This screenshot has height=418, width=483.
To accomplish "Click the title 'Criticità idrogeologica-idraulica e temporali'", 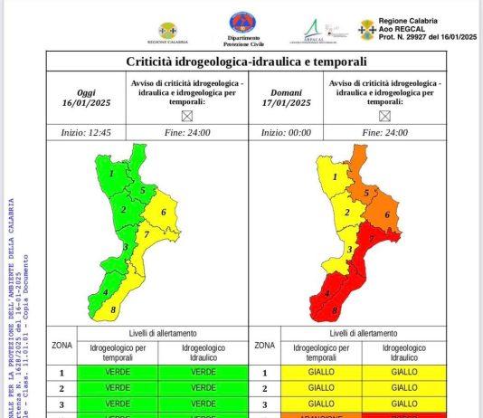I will pyautogui.click(x=246, y=62).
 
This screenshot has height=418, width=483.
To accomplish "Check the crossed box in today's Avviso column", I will pyautogui.click(x=187, y=115).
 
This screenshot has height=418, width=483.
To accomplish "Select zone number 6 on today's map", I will pyautogui.click(x=163, y=213).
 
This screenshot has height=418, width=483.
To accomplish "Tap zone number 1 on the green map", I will pyautogui.click(x=111, y=173).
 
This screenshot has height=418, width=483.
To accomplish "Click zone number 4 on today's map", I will pyautogui.click(x=106, y=291).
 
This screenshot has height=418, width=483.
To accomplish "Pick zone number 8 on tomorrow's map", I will pyautogui.click(x=335, y=311).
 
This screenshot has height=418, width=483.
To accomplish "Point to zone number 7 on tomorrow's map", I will pyautogui.click(x=372, y=237).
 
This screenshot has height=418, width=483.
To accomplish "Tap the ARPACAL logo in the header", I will pyautogui.click(x=313, y=30).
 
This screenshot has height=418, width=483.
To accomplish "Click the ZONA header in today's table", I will pyautogui.click(x=62, y=345).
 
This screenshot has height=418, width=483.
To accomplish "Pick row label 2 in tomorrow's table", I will pyautogui.click(x=264, y=388).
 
